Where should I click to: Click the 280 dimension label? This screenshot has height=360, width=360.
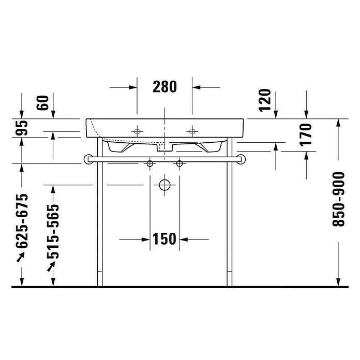(x=164, y=87)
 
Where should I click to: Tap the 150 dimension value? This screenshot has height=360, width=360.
(x=164, y=239)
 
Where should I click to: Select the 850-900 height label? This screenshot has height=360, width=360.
(x=339, y=199)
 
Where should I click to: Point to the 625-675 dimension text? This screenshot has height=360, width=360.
(x=22, y=221)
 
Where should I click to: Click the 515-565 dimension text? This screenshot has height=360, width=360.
(x=53, y=231)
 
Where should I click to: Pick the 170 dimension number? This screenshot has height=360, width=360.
(x=306, y=135)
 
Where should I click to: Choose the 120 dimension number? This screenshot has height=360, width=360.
(x=265, y=100)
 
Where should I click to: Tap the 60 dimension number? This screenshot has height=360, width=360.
(x=43, y=103)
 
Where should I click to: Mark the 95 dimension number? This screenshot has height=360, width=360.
(x=22, y=128)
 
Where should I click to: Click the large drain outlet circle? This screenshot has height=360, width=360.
(x=164, y=185)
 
